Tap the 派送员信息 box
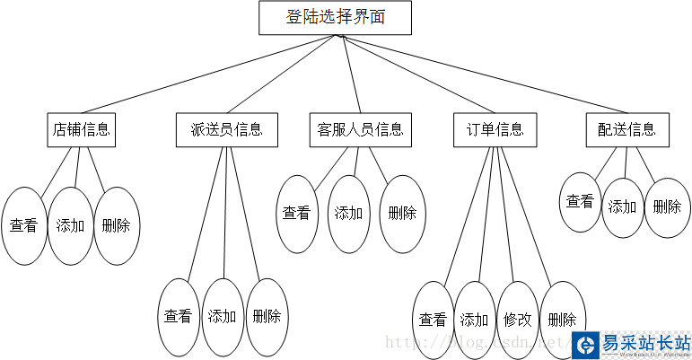coord(227,129)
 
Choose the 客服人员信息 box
coord(359,129)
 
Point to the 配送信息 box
coord(626,129)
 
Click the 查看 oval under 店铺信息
coord(23,225)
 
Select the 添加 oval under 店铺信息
coord(70,225)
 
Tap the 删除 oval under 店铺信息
coord(117,225)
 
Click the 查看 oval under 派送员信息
coord(179,316)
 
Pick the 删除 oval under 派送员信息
coord(267,316)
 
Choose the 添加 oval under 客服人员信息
coord(348,214)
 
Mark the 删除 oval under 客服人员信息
coord(401,214)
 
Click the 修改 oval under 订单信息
coord(518,320)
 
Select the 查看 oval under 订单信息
coord(433,320)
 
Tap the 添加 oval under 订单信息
coord(475,320)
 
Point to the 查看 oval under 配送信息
coord(580,202)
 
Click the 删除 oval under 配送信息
coord(667,206)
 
